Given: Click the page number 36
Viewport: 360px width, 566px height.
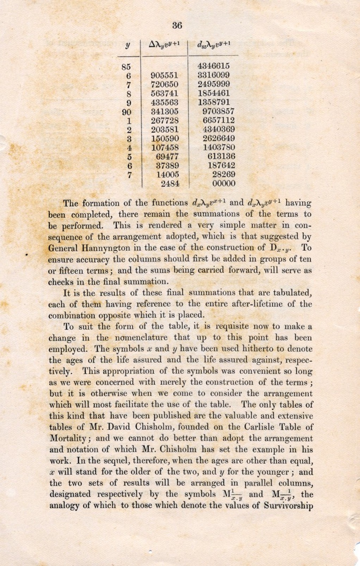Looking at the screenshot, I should point(177,25).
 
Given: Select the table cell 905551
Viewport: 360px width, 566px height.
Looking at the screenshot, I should point(165,75).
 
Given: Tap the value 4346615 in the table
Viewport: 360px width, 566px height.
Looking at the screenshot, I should point(213,66).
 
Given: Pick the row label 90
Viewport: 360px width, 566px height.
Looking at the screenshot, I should point(126,112).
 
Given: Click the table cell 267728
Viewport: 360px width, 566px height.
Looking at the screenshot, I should point(165,121).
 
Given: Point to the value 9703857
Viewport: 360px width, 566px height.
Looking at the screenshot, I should point(218,112).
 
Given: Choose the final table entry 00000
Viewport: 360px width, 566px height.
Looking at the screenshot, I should point(224,183).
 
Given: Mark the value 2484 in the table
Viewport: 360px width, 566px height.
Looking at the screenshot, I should point(170,183).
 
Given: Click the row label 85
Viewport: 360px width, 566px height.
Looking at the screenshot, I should point(126,67).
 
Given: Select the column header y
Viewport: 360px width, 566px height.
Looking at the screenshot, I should point(128,45).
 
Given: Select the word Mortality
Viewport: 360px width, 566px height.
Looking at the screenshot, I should point(69,439).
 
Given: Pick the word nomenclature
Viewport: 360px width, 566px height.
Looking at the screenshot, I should point(143,338).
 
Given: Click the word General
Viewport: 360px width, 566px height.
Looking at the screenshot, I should point(62,248).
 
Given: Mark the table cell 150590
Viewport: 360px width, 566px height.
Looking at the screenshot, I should point(165,139).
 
